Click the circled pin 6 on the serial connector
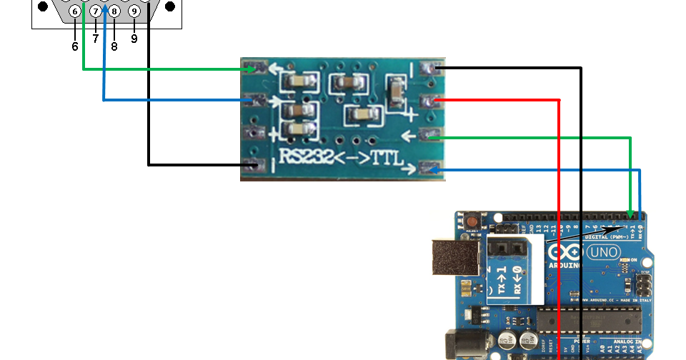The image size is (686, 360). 75,11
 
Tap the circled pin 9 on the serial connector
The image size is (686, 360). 134,11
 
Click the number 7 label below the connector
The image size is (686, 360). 95,39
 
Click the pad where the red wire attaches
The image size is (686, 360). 429,101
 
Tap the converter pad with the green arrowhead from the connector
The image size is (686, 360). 251,69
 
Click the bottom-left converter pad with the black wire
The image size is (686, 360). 251,166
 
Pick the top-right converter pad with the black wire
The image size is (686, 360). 429,69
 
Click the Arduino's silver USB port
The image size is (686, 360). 455,257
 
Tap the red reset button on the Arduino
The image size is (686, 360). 472,223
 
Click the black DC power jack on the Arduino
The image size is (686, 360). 461,343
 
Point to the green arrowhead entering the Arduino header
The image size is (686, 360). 630,214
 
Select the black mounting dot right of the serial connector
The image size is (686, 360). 170,6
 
